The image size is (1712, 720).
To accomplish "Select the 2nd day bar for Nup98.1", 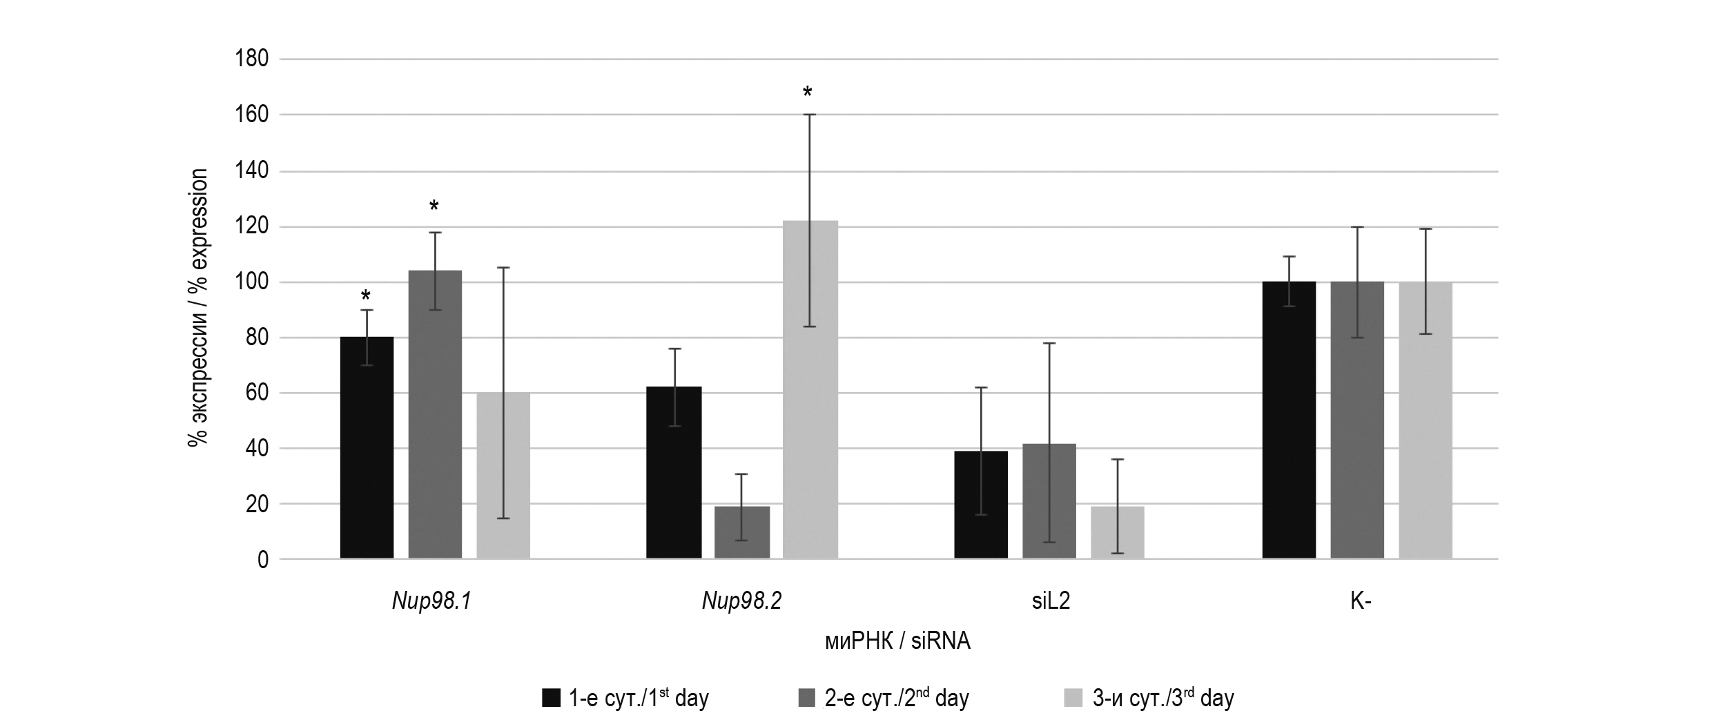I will point(435,414).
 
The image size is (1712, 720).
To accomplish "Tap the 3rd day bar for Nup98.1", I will point(503,476).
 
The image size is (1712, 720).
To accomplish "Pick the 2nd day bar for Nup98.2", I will point(742,532).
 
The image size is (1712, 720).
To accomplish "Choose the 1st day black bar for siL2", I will point(981,505).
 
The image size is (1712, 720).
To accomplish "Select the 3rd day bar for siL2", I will point(1117,532).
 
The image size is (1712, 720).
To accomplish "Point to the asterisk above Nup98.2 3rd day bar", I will point(808,92).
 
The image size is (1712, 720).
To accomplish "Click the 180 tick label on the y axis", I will point(251,59).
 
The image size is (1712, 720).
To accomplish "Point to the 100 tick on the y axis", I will point(251,282).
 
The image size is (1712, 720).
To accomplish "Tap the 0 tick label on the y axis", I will point(263,560).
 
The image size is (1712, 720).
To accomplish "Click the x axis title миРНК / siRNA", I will point(897,642).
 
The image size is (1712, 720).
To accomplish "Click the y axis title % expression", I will point(197,309).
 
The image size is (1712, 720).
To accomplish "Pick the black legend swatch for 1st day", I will point(551,698).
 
